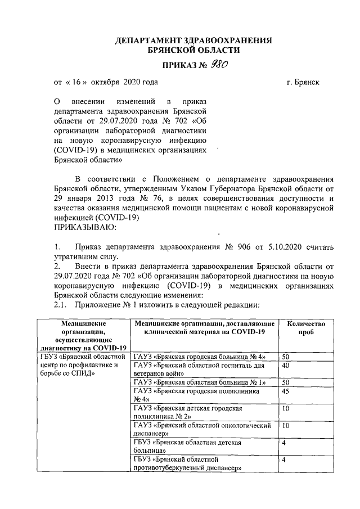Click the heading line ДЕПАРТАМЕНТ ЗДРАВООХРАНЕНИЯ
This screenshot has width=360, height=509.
193,41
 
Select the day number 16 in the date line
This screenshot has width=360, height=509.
78,82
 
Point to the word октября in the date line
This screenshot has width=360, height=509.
103,82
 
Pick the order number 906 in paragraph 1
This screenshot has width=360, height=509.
239,246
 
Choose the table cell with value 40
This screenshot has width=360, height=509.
286,365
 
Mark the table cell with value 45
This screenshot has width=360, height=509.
286,391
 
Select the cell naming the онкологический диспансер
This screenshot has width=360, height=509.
202,430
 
